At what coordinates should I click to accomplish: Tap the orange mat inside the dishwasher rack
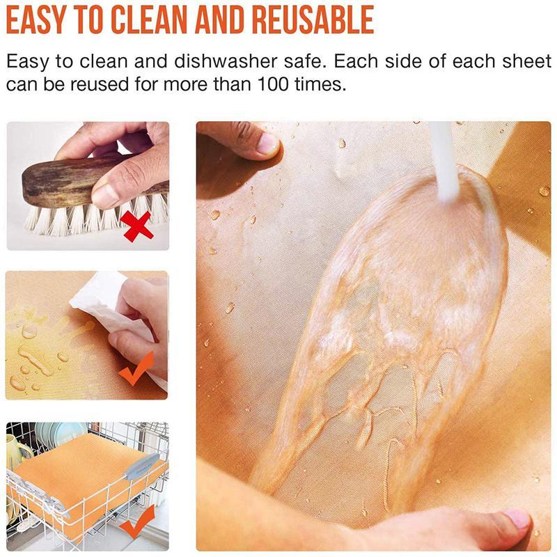pyautogui.click(x=77, y=473)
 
